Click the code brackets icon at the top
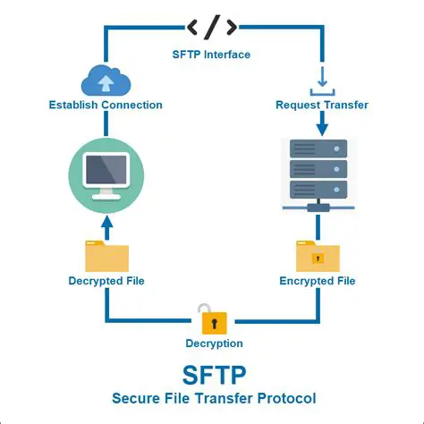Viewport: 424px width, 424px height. tap(211, 27)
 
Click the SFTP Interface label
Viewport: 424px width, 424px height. tap(211, 55)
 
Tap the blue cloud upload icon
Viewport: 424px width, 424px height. tap(106, 81)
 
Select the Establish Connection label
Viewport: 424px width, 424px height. tap(106, 106)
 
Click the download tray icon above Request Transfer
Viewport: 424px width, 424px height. tap(320, 82)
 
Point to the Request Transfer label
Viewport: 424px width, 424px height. tap(320, 106)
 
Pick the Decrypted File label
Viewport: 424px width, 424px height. tap(106, 281)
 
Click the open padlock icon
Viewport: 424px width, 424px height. tap(213, 318)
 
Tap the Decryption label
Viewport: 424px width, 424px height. tap(213, 343)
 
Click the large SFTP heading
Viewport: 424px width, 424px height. tap(213, 373)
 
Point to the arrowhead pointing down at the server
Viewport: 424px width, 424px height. tap(320, 129)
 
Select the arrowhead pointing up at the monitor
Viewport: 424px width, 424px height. tap(106, 219)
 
